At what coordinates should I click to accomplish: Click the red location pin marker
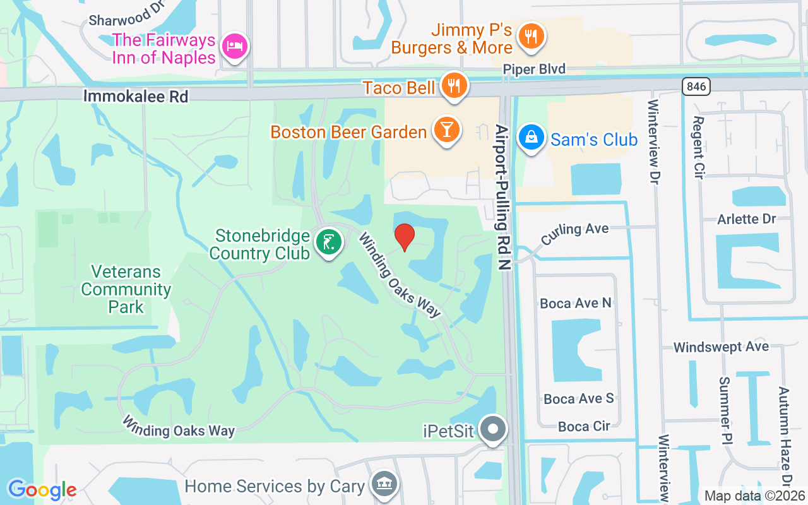coord(405,237)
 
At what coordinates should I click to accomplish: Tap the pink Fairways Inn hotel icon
coord(234,47)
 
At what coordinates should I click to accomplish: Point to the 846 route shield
coord(696,86)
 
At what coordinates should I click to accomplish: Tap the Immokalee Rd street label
coord(136,96)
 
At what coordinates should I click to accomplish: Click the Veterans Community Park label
coord(126,290)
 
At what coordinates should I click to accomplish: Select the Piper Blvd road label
coord(534,69)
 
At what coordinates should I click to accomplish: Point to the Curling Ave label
coord(574,232)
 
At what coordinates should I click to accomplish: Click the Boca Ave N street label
coord(576,304)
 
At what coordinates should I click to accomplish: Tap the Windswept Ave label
coord(721,347)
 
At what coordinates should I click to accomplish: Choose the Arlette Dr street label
coord(746,219)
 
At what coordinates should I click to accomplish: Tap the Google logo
coord(42,489)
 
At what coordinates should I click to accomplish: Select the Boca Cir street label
coord(584,426)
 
